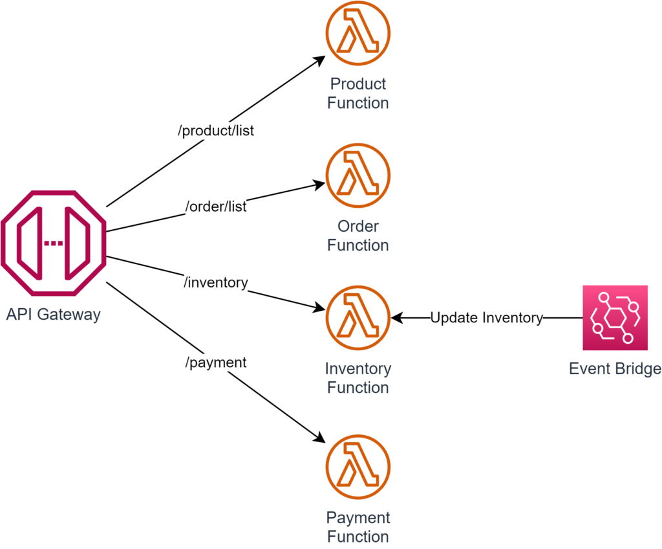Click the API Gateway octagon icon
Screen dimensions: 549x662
point(53,243)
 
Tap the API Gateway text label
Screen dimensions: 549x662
point(53,315)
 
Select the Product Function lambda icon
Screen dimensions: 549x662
point(358,32)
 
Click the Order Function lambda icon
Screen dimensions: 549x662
point(358,175)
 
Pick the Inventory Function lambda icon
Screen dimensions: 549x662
point(358,318)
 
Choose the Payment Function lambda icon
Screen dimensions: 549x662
point(358,467)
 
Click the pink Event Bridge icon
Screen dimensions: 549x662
point(615,317)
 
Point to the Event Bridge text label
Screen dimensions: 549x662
point(615,369)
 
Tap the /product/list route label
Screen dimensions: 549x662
point(216,131)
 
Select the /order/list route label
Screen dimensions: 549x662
point(216,207)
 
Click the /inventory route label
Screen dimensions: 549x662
point(216,282)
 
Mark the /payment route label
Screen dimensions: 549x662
point(216,362)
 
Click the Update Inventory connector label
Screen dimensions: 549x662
point(486,318)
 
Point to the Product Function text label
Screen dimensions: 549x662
point(358,93)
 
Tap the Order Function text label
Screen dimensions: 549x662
point(358,236)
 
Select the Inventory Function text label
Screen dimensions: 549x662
point(358,378)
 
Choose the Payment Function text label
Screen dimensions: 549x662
point(358,527)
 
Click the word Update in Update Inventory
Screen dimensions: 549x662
point(451,318)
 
